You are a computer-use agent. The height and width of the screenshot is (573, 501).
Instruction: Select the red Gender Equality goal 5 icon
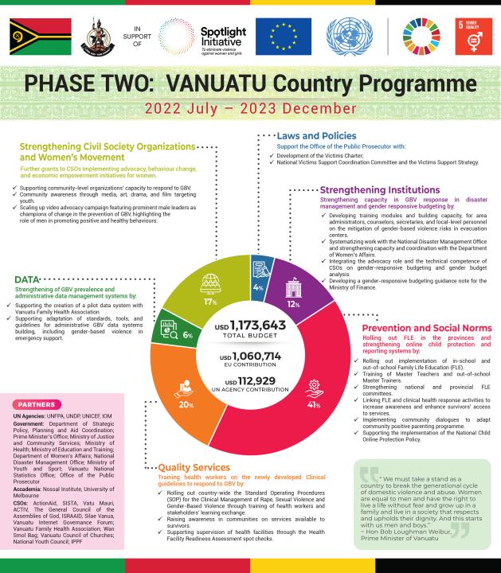[471, 34]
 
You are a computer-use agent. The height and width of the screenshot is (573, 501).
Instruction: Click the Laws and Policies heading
[316, 136]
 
